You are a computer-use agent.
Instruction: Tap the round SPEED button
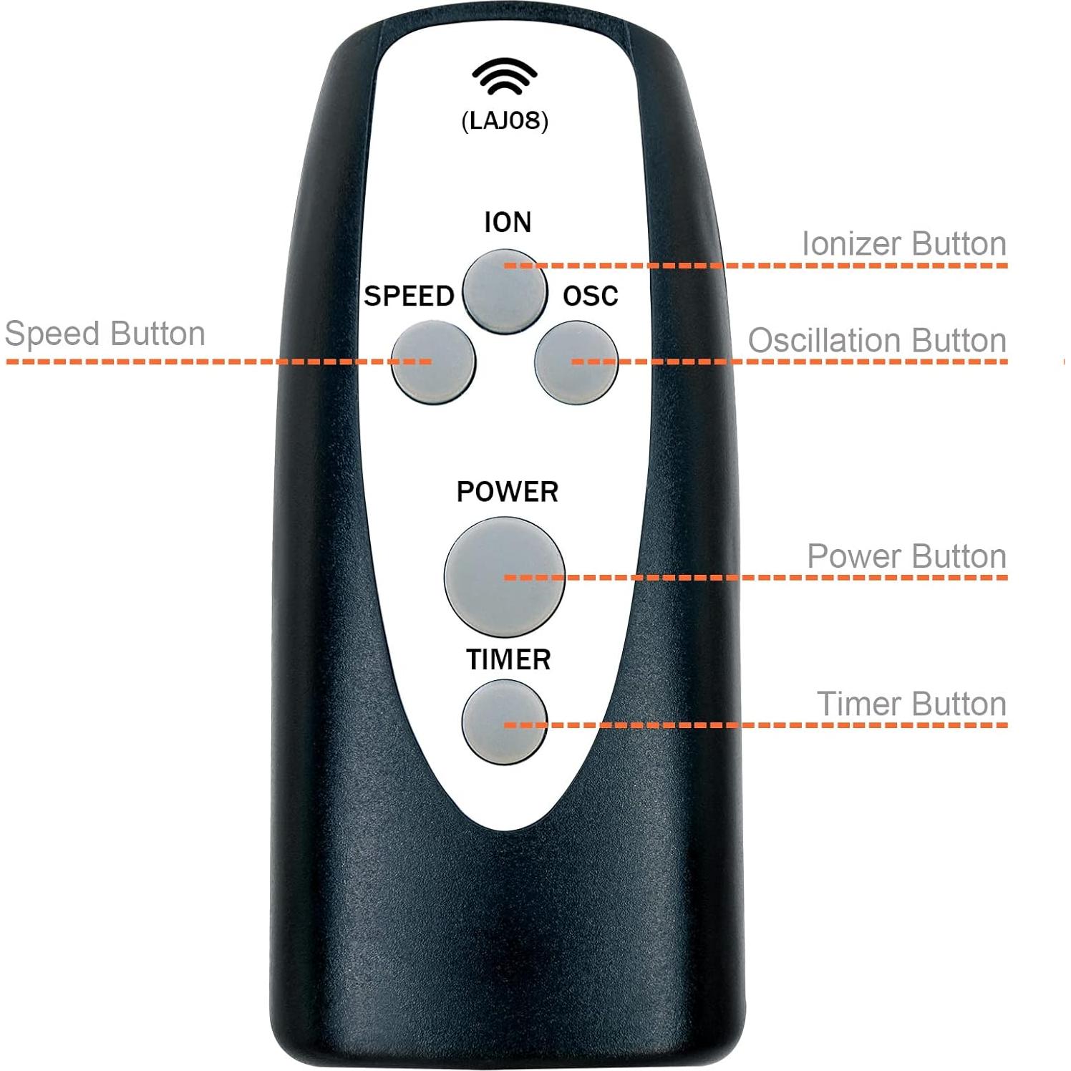pos(433,362)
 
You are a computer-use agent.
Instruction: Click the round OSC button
pos(576,362)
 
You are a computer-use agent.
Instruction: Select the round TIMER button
pos(504,722)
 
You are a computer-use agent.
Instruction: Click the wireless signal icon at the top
pos(504,76)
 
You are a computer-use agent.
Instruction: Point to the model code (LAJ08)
pos(505,120)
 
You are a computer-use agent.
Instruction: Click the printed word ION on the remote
pos(508,223)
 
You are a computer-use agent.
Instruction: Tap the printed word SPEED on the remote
pos(409,296)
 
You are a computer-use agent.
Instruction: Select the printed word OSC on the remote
pos(590,296)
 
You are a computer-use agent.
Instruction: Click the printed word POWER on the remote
pos(507,492)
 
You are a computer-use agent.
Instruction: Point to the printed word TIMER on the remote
pos(508,659)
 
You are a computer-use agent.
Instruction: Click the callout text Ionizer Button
pos(903,244)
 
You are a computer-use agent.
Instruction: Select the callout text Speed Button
pos(105,334)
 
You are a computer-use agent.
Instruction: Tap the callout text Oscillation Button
pos(877,341)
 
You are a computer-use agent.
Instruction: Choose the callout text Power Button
pos(906,556)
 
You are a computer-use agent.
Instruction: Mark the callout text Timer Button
pos(911,704)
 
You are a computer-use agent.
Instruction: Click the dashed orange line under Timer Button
pos(787,725)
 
